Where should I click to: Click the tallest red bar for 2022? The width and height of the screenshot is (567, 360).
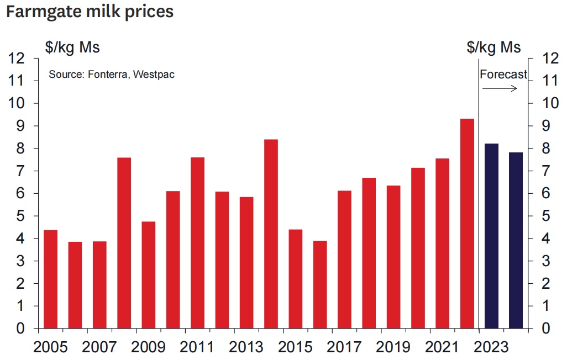467,224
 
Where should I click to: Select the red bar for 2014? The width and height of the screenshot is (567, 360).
271,234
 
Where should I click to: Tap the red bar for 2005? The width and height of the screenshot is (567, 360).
50,279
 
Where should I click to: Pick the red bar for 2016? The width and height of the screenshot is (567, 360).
320,284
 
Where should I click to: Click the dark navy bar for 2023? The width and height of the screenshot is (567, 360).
491,236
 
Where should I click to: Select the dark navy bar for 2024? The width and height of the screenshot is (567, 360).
516,240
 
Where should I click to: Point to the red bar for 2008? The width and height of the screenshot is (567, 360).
124,243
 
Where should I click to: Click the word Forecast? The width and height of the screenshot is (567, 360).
503,75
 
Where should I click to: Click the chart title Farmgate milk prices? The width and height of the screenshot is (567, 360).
90,12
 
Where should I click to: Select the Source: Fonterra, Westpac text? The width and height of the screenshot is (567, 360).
112,74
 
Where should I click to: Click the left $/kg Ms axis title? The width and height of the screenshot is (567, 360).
72,47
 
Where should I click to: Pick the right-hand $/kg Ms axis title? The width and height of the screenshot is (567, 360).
494,47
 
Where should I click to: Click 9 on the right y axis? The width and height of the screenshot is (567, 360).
547,126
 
